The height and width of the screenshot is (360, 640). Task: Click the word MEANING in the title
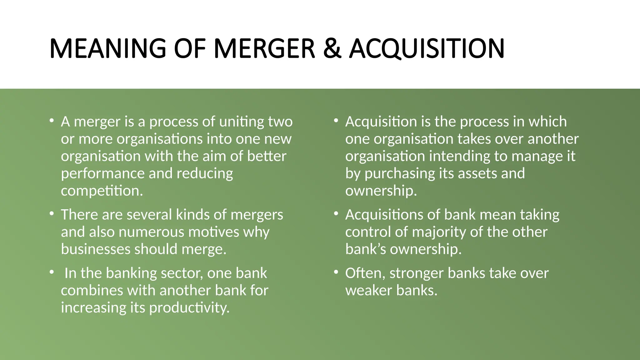pyautogui.click(x=108, y=48)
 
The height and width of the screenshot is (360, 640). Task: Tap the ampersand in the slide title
pyautogui.click(x=332, y=48)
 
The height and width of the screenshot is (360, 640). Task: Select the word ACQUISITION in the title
pyautogui.click(x=427, y=48)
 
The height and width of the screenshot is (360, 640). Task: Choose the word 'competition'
pyautogui.click(x=102, y=191)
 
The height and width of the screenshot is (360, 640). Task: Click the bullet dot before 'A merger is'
pyautogui.click(x=52, y=121)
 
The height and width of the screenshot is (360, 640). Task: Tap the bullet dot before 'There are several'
pyautogui.click(x=52, y=214)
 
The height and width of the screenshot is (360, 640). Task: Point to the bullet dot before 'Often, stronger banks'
pyautogui.click(x=336, y=272)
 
